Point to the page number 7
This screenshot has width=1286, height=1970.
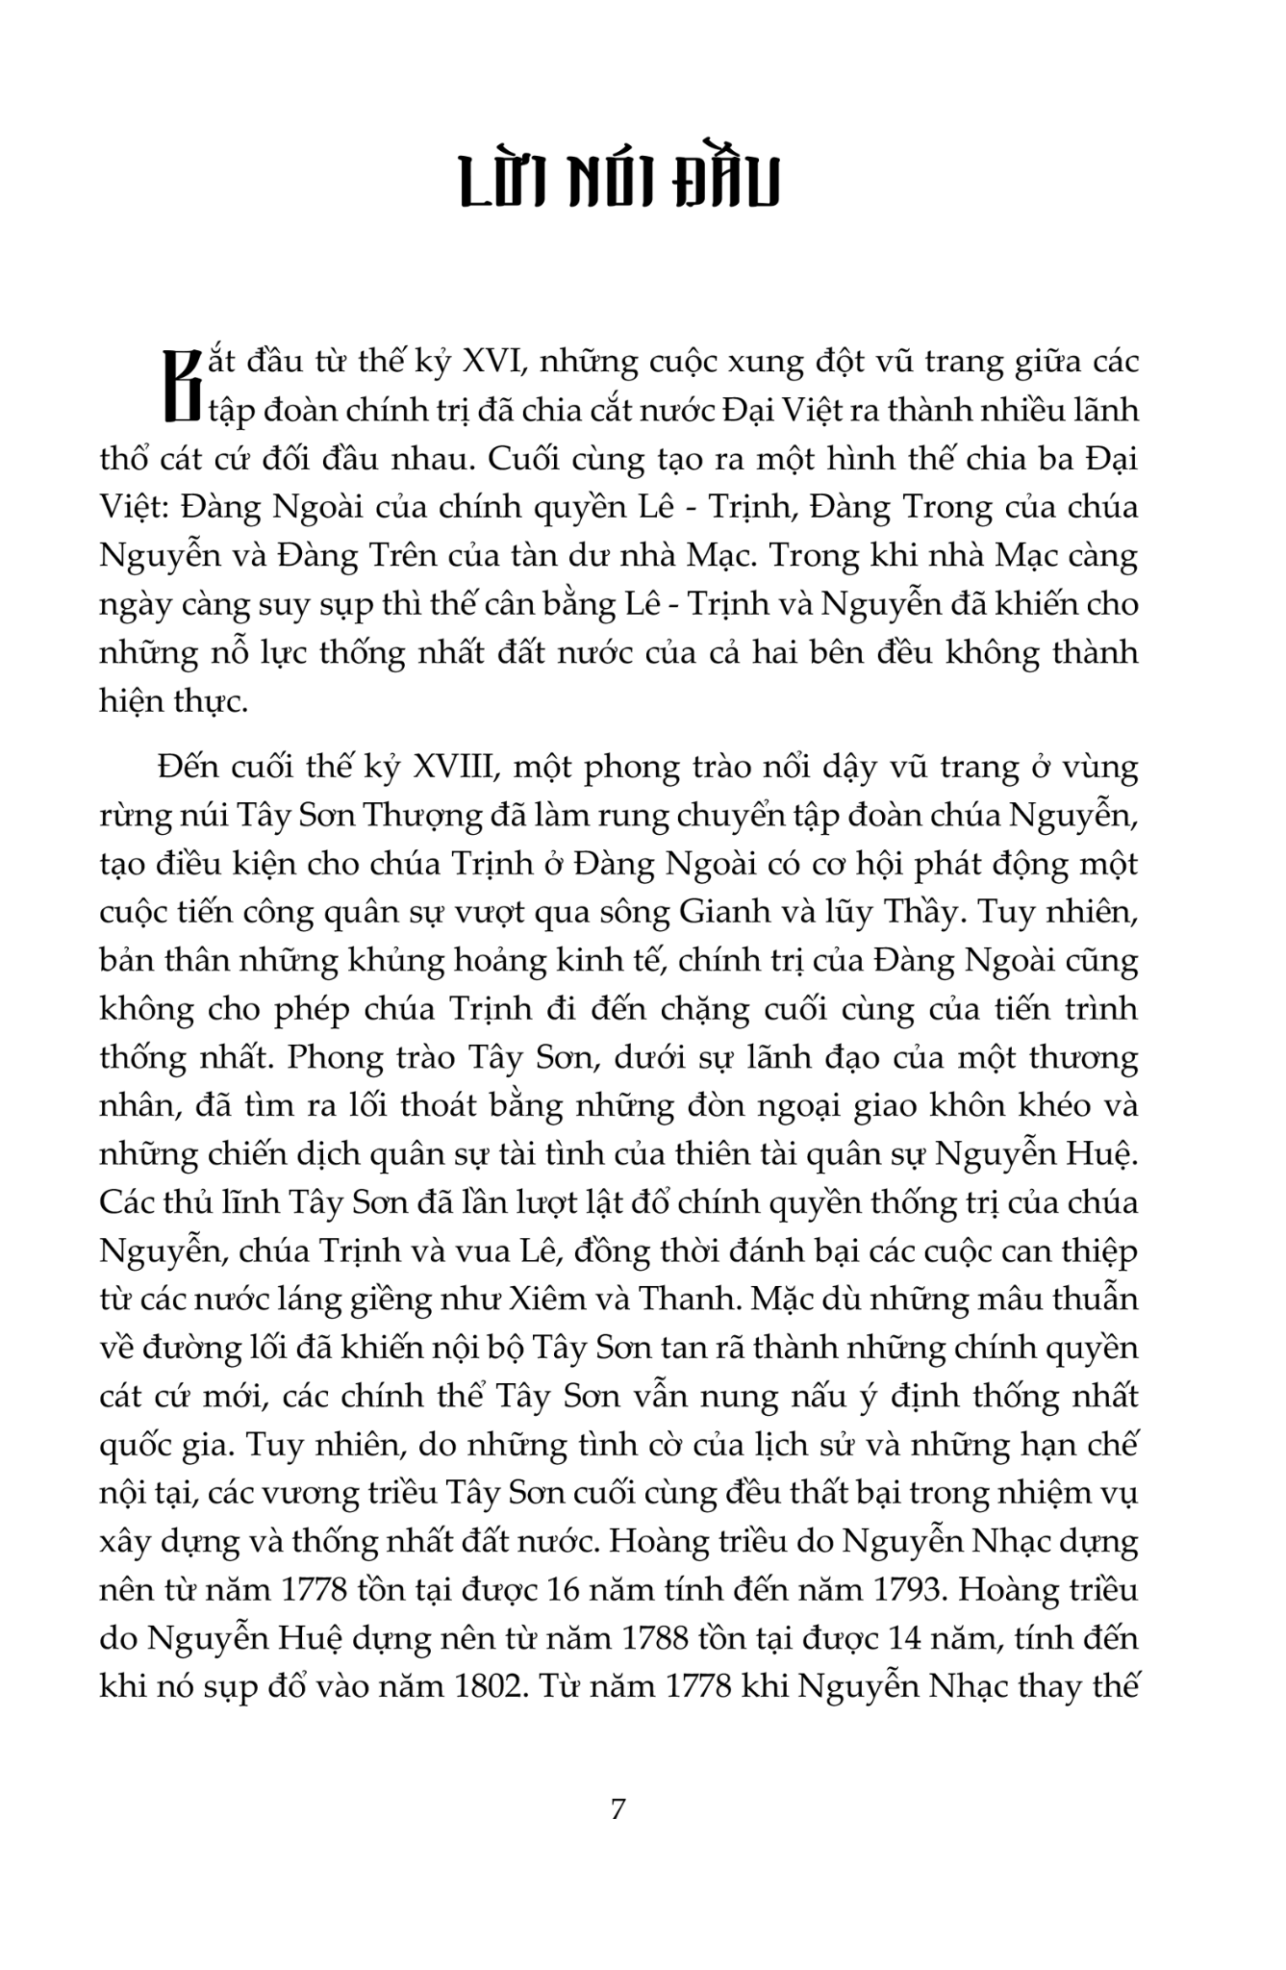(x=618, y=1808)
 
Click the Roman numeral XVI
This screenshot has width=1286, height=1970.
(x=494, y=363)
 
